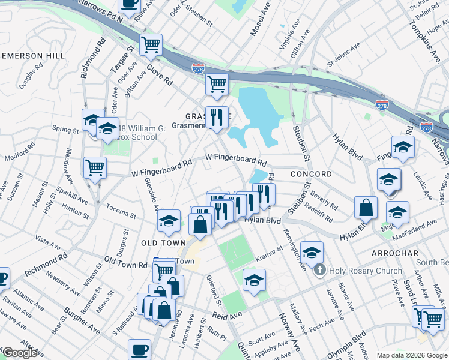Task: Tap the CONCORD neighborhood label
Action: click(x=310, y=174)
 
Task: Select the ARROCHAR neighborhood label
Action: click(x=394, y=253)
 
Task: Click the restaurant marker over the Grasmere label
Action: click(x=215, y=116)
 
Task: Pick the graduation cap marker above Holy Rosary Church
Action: click(x=312, y=252)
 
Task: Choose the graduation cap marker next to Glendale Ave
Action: click(x=169, y=221)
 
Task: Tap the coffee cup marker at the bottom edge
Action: click(x=140, y=350)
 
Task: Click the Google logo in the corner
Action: click(x=20, y=353)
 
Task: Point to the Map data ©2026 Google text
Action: click(x=412, y=355)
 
